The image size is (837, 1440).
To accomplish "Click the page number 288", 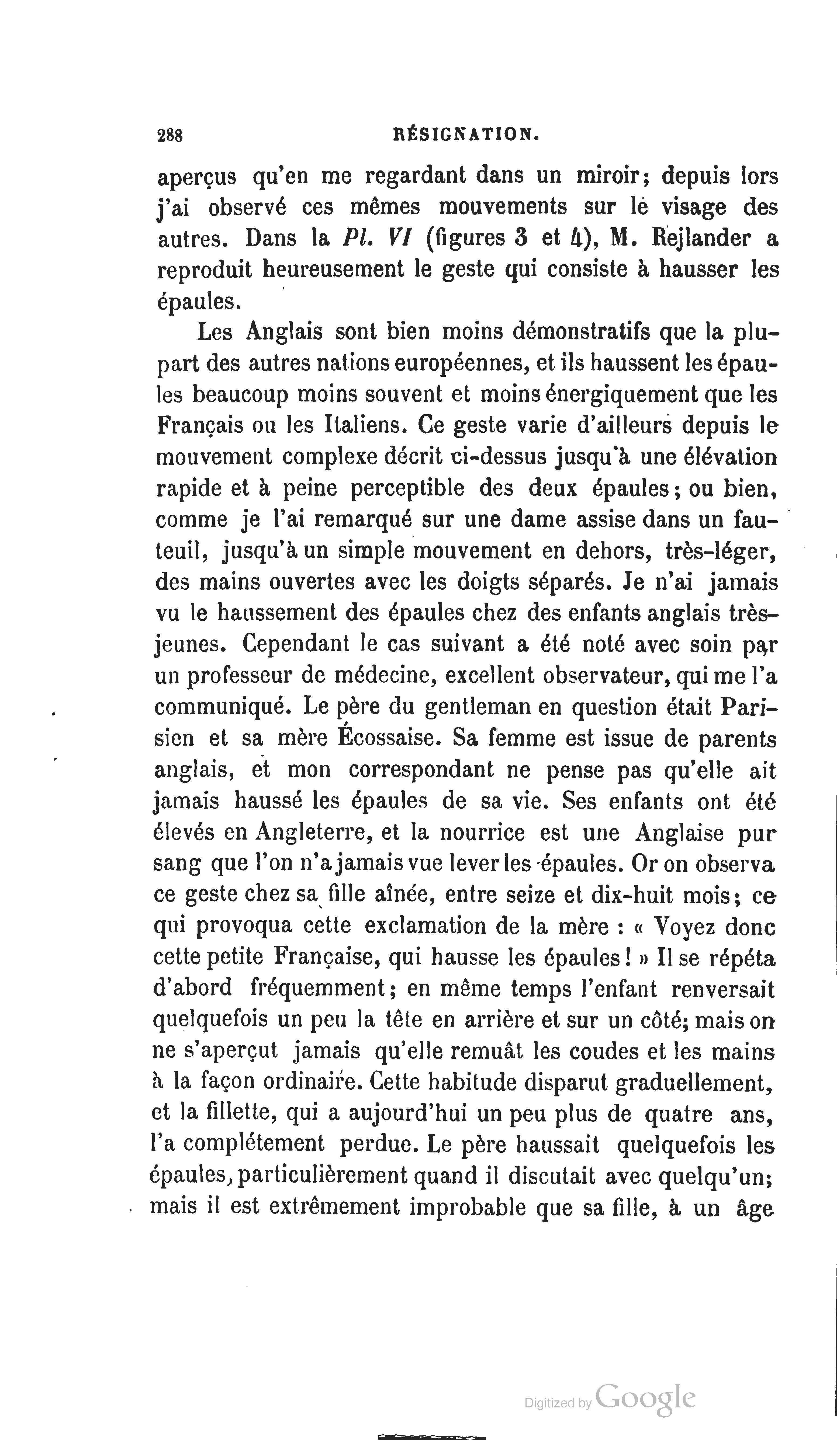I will click(170, 135).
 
